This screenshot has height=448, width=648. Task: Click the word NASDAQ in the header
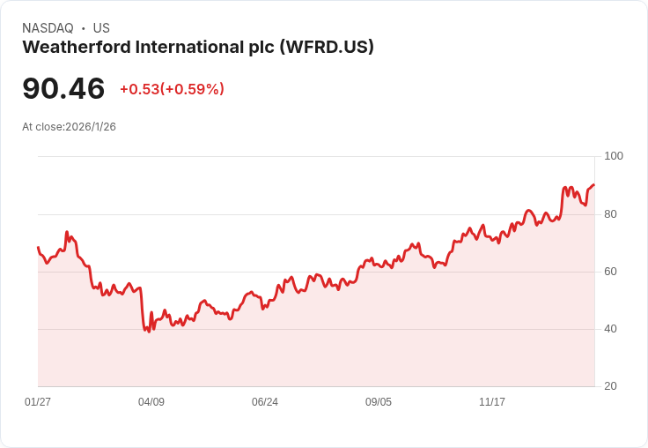click(48, 28)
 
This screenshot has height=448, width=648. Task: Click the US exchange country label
click(101, 28)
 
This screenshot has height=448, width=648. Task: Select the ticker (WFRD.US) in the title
click(327, 48)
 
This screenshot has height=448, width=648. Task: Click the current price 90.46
click(63, 88)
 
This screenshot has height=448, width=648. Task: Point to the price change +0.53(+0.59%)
click(172, 89)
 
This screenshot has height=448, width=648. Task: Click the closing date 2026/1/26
click(91, 127)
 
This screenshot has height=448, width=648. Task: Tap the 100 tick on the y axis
click(613, 156)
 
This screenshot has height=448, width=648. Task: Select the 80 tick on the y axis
click(609, 214)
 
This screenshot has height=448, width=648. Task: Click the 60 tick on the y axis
click(609, 272)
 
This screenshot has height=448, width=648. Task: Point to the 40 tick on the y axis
click(609, 329)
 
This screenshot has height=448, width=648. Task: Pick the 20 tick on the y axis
click(609, 386)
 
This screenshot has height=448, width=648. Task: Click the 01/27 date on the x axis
click(38, 402)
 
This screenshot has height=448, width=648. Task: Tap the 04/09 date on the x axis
click(151, 402)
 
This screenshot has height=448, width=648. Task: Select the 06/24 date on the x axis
click(265, 402)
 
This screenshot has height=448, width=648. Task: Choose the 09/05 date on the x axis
click(379, 402)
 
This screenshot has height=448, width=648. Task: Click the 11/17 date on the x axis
click(492, 402)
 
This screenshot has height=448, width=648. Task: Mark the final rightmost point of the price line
click(594, 185)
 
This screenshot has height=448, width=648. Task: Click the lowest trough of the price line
click(149, 332)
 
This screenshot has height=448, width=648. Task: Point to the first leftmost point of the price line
click(38, 248)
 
